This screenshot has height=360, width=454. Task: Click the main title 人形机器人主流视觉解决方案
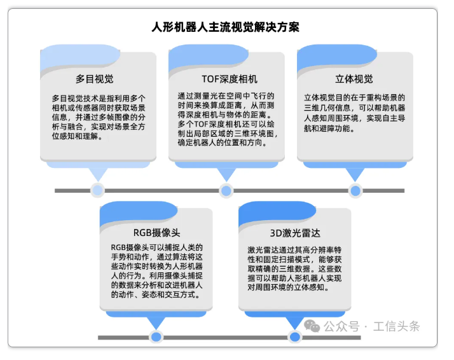226,27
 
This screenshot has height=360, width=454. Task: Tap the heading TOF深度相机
226,80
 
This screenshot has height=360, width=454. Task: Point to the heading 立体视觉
354,80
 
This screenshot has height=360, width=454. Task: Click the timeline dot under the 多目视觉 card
97,190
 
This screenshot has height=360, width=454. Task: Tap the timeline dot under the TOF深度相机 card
226,190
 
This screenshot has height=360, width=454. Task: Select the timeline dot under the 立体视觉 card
355,190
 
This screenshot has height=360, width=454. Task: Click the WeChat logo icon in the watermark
312,326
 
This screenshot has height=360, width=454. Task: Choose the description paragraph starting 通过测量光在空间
226,121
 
